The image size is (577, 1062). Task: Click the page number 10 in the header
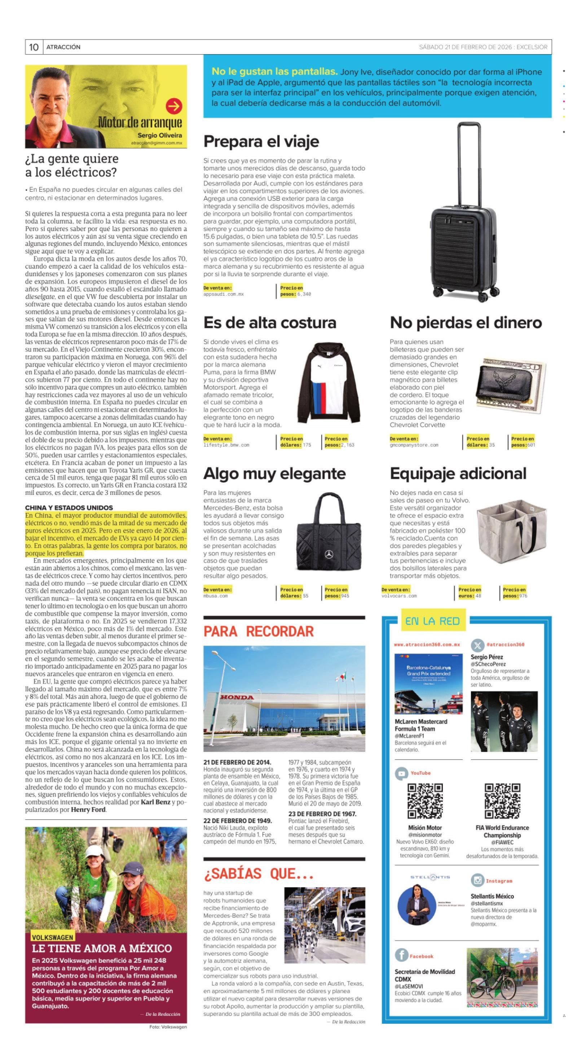(x=34, y=47)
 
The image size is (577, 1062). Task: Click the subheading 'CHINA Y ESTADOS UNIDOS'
(x=69, y=507)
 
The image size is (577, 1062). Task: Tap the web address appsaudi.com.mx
(x=223, y=294)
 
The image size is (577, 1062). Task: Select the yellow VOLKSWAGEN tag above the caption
(x=53, y=937)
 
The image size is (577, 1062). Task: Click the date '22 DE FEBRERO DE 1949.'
(x=237, y=820)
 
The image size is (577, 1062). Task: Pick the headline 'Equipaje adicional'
(x=458, y=474)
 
